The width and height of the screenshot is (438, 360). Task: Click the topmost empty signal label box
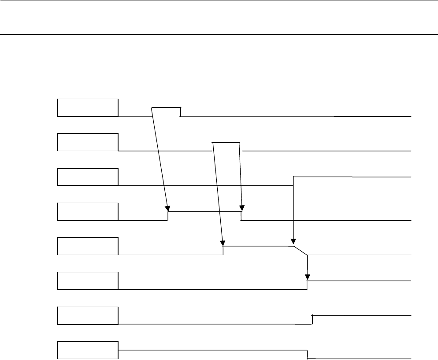tap(88, 108)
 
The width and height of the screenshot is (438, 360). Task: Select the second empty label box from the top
tap(88, 142)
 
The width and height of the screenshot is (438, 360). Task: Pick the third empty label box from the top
tap(88, 177)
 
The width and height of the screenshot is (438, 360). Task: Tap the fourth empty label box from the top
tap(88, 211)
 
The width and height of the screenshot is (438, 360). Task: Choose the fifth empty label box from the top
tap(88, 246)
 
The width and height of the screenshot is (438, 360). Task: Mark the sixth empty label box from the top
tap(88, 280)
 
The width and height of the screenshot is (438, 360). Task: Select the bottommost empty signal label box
tap(88, 349)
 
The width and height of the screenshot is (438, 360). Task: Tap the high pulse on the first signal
tap(166, 108)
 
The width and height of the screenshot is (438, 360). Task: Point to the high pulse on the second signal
tap(226, 142)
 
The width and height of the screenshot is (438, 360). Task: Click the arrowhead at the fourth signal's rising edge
tap(167, 208)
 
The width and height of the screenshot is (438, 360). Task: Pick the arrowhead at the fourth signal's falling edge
tap(241, 208)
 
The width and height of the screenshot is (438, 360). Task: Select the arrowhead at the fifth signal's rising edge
tap(223, 242)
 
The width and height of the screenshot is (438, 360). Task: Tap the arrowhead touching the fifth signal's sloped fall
tap(293, 242)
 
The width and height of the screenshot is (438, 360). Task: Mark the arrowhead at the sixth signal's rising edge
tap(308, 277)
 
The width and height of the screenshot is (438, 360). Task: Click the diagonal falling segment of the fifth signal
tap(300, 250)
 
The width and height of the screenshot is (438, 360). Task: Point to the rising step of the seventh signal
tap(312, 319)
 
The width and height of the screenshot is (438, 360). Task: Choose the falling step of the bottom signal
tap(307, 354)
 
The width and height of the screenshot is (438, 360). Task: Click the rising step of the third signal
tap(293, 181)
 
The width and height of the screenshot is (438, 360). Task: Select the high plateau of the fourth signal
tap(204, 212)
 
